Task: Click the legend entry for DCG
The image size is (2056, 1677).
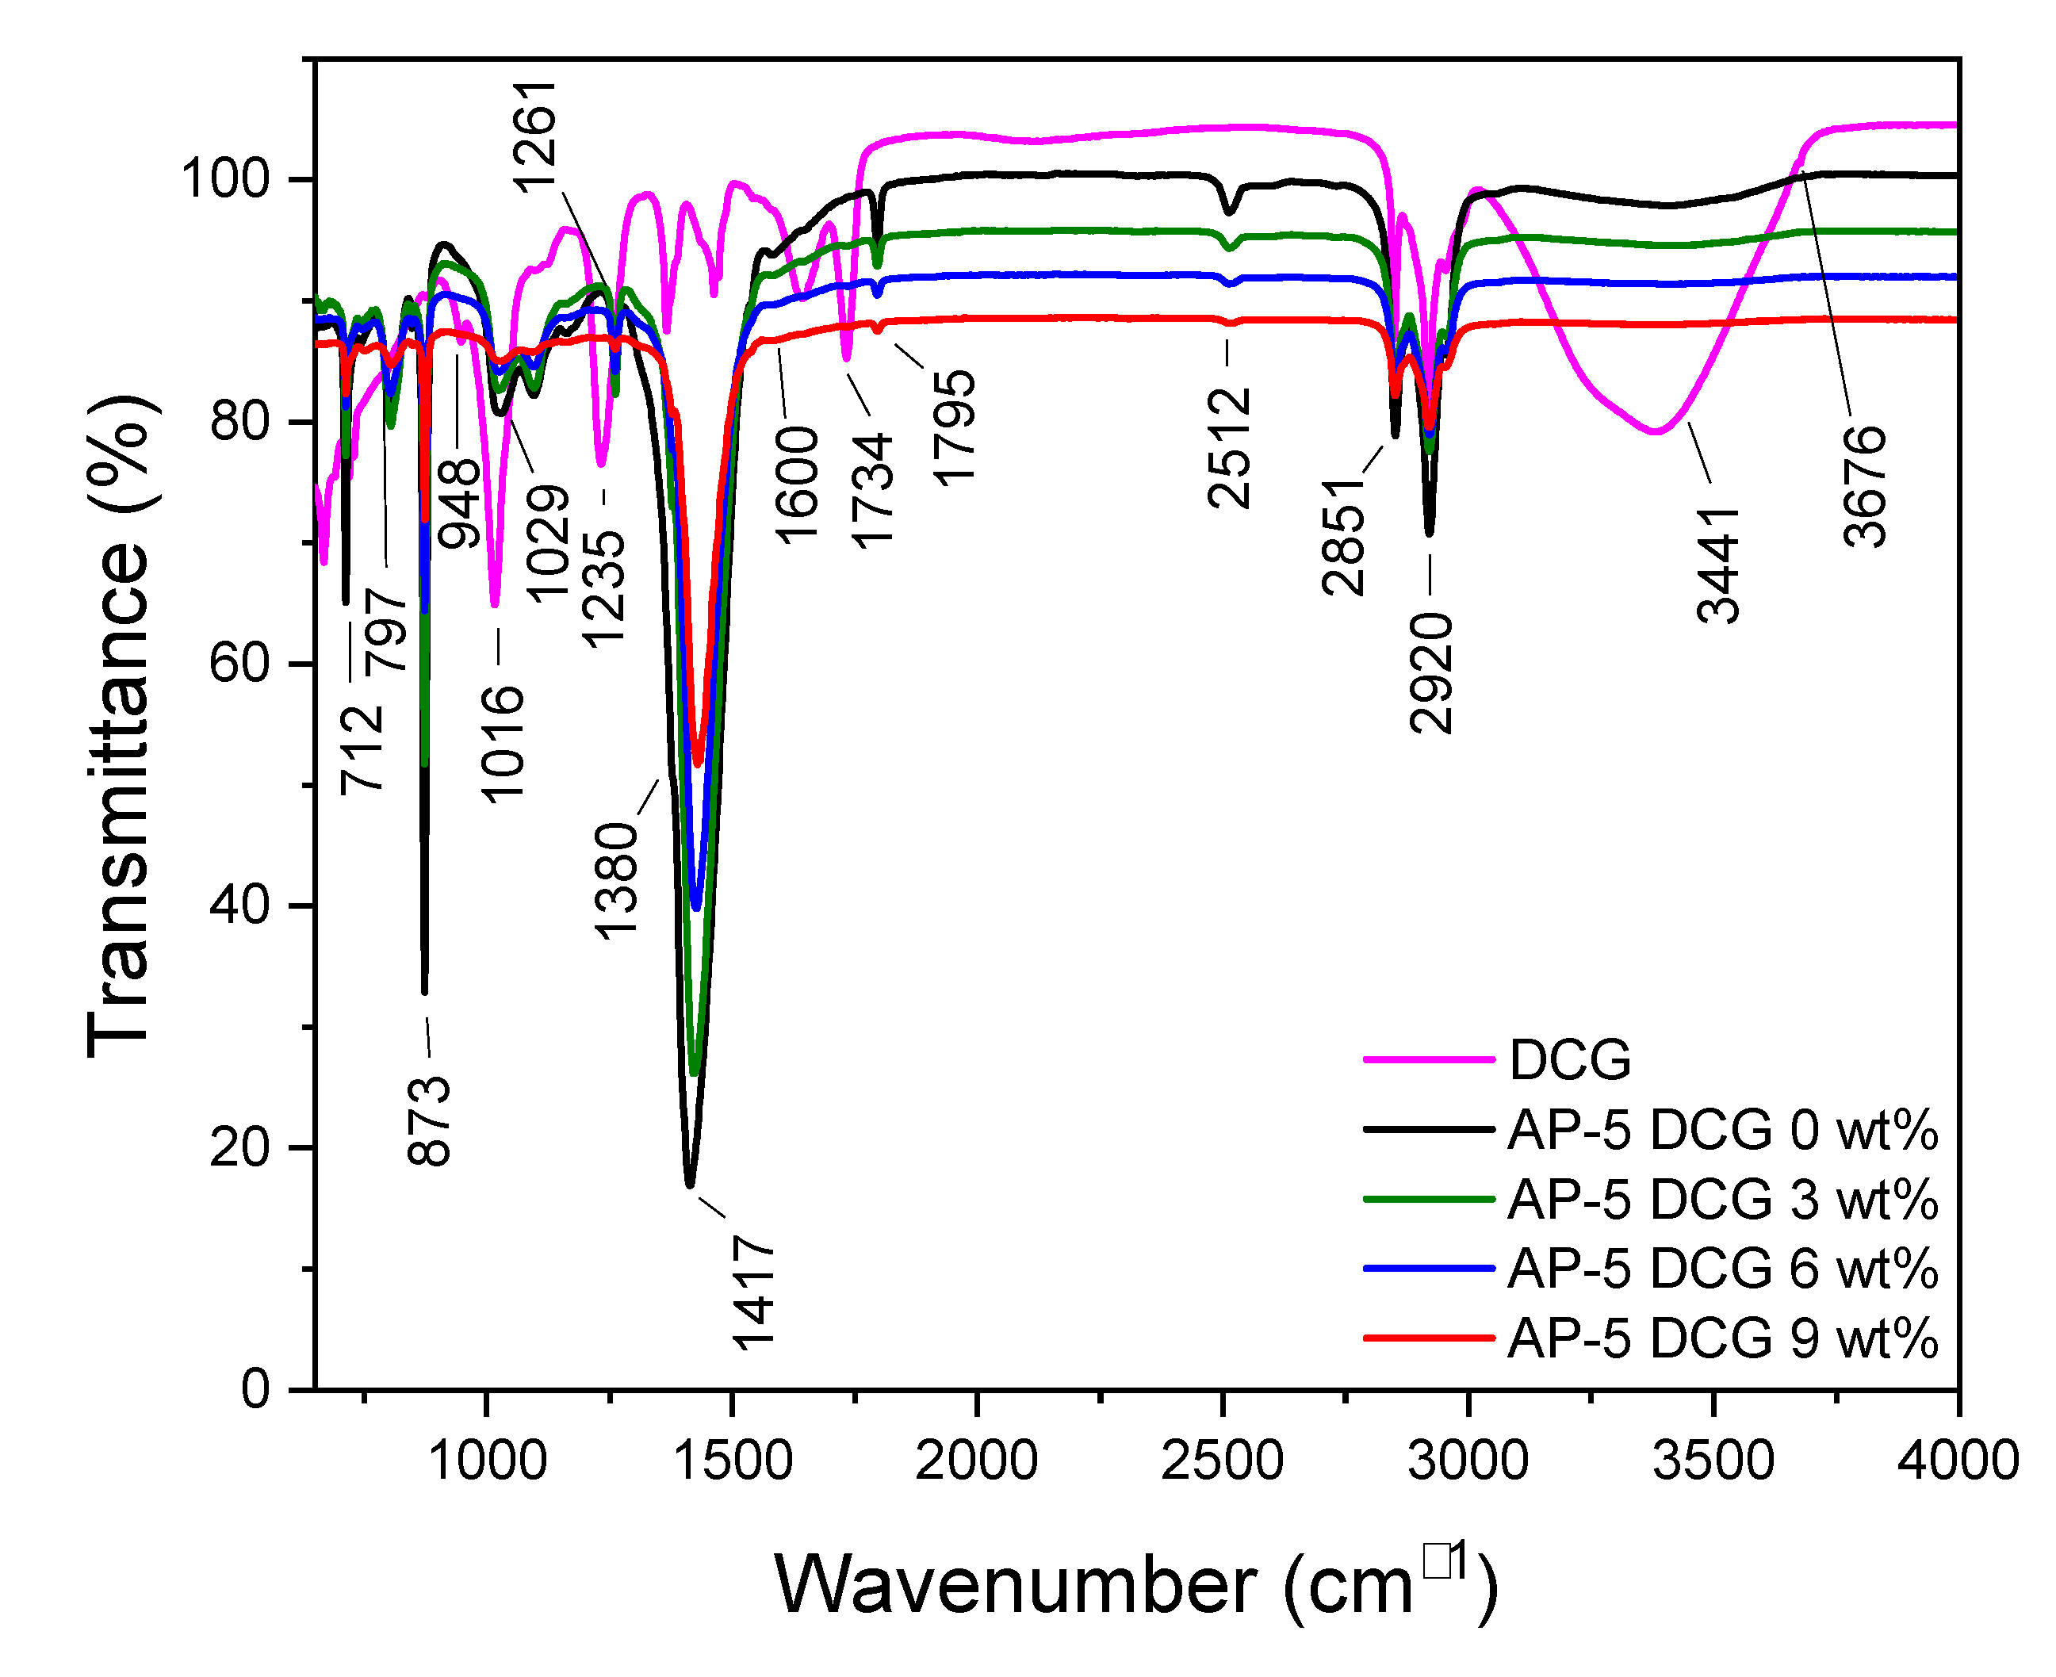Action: coord(1569,1059)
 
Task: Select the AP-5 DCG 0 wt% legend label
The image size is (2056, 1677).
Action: coord(1721,1129)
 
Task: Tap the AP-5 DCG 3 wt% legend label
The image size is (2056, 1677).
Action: coord(1721,1199)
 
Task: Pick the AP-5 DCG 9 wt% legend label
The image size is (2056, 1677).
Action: coord(1721,1338)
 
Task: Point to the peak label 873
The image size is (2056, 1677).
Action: coord(429,1120)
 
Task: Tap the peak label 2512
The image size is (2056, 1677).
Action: coord(1229,448)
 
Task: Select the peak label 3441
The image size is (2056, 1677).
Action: coord(1719,565)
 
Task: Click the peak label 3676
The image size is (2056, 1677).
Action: coord(1865,487)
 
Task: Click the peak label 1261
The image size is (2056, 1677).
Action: coord(534,137)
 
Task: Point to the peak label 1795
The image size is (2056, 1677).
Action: coord(955,426)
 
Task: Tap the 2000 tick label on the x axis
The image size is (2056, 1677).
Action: coord(977,1460)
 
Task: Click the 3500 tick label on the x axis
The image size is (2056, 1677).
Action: coord(1713,1460)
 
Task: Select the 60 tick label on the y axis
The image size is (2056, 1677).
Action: coord(239,664)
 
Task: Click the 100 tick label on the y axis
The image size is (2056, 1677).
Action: coord(224,180)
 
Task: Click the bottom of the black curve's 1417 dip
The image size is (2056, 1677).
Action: coord(690,1185)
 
